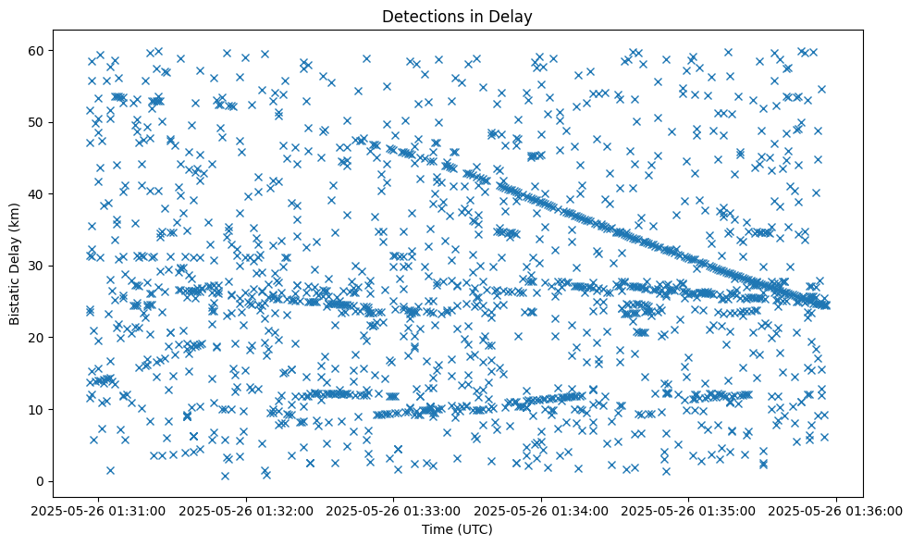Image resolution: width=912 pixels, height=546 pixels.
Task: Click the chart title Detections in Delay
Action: coord(458,16)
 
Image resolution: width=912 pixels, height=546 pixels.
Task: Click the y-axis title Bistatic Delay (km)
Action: coord(15,264)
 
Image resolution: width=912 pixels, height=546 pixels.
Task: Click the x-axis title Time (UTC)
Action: coord(458,529)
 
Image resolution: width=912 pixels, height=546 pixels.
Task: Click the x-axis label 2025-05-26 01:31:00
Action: coord(99,510)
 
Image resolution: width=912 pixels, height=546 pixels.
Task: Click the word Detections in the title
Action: coord(419,16)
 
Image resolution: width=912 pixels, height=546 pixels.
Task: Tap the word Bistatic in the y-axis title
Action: coord(15,299)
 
